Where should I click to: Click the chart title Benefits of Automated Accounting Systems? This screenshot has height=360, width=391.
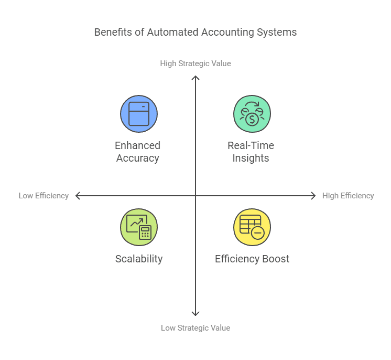(195, 32)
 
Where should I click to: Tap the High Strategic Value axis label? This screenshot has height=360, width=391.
(195, 63)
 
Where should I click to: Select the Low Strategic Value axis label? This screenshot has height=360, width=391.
(195, 327)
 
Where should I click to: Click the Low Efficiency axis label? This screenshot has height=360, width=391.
(44, 196)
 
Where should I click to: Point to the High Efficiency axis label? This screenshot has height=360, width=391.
(348, 196)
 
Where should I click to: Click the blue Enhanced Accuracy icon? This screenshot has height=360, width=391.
(139, 114)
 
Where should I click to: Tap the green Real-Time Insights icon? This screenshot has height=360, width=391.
(252, 114)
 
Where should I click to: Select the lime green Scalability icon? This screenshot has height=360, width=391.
(139, 227)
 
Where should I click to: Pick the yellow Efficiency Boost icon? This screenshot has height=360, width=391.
(252, 227)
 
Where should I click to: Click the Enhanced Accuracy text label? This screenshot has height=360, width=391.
(138, 152)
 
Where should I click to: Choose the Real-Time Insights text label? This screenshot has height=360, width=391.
(251, 152)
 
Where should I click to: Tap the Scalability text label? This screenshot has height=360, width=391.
(139, 259)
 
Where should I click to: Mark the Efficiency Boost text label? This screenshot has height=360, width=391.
(252, 259)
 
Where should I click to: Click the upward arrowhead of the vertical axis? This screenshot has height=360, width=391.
(195, 78)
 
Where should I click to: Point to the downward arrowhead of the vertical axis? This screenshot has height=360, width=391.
(195, 313)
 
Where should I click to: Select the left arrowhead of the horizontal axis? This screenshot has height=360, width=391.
(78, 196)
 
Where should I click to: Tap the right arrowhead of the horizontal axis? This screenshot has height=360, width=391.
(313, 196)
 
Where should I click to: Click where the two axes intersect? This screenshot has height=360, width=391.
(195, 196)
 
